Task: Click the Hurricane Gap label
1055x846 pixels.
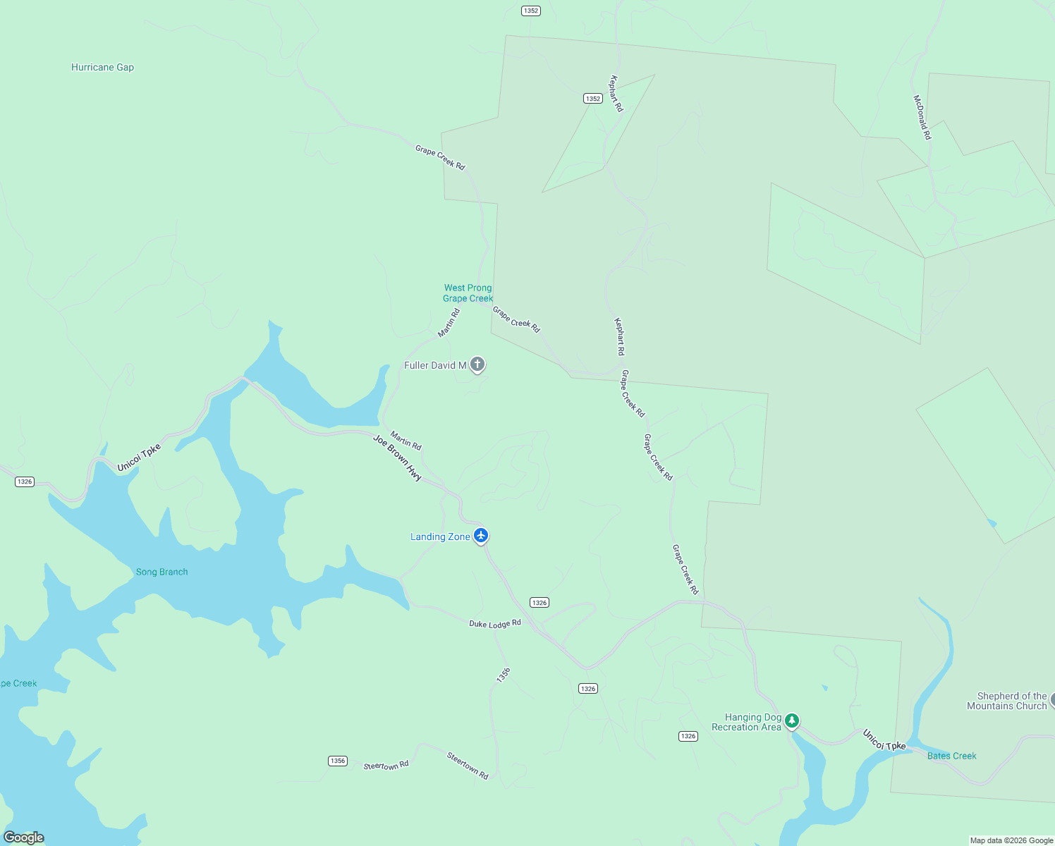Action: coord(102,68)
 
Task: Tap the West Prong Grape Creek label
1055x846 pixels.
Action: coord(468,293)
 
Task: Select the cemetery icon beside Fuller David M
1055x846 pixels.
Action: coord(477,364)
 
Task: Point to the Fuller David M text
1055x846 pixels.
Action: coord(434,365)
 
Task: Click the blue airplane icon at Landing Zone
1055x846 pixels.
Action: coord(481,536)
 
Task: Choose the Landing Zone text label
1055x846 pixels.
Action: coord(440,537)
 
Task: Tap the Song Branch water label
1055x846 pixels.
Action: coord(161,572)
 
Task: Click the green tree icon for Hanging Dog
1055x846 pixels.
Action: coord(792,721)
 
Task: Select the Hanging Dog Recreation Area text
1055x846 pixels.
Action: coord(747,723)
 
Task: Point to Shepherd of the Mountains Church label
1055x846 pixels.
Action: coord(1007,701)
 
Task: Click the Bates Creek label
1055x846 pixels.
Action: coord(951,756)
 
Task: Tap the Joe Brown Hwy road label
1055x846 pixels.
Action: coord(397,458)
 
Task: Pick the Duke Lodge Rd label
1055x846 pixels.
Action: coord(495,624)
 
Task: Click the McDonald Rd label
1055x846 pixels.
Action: coord(922,118)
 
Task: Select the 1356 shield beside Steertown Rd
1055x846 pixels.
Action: coord(338,761)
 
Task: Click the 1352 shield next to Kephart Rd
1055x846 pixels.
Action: coord(593,99)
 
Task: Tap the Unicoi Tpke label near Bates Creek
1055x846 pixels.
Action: coord(884,740)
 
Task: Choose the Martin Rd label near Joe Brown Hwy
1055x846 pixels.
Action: coord(405,441)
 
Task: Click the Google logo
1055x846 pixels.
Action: coord(24,838)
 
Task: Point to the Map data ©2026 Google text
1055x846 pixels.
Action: coord(1011,840)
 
